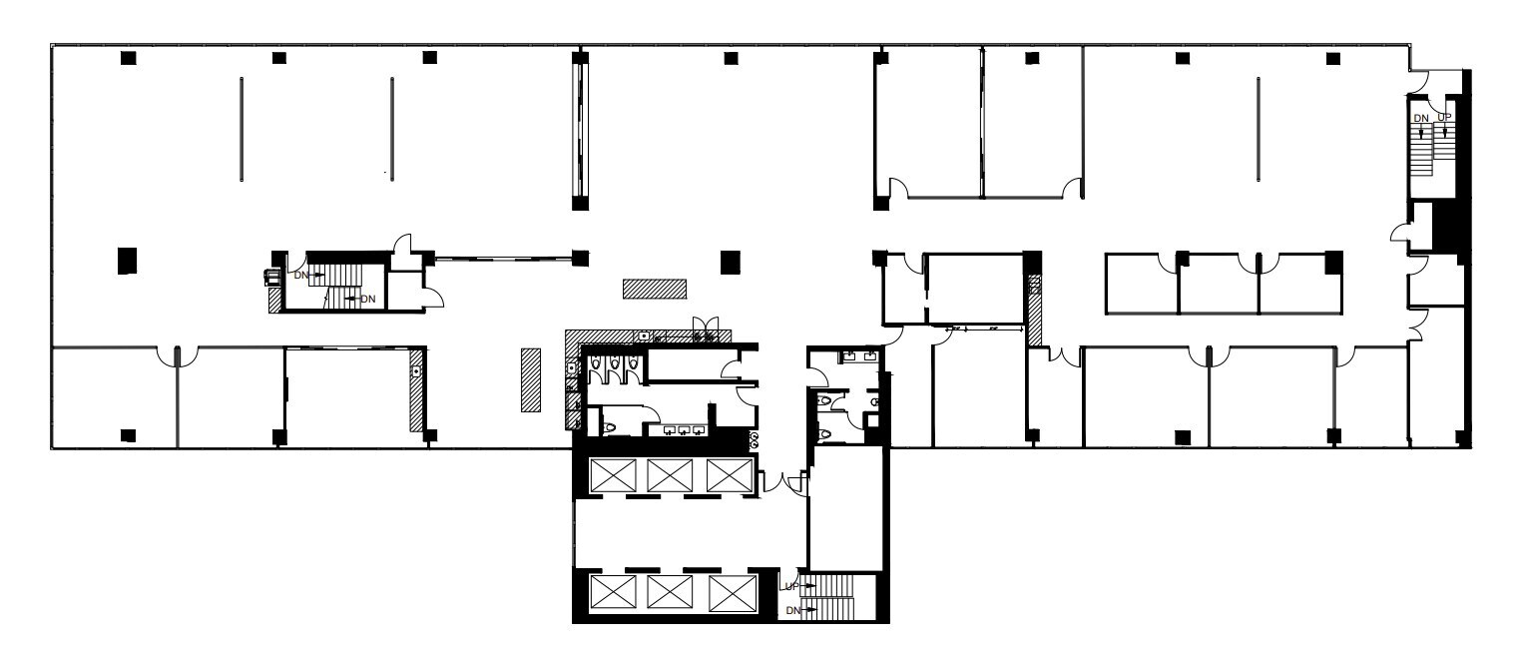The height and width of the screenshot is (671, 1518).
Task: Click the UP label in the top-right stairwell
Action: coord(1443,118)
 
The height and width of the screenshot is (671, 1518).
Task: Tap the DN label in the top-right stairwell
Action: coord(1421,118)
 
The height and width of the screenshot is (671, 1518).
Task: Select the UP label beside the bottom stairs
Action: coord(791,586)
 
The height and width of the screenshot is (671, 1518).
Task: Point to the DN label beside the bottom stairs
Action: coord(793,610)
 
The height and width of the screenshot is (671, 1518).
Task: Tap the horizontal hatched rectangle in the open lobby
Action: coord(655,289)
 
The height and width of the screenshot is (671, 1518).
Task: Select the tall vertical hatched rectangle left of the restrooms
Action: coord(531,380)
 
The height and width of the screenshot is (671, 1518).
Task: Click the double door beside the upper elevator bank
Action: coord(784,482)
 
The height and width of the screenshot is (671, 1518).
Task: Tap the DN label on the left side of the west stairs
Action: coord(300,275)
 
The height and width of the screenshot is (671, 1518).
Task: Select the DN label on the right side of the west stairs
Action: coord(367,299)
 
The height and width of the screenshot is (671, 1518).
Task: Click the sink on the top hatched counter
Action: coord(645,336)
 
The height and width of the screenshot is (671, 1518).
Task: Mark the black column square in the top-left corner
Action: coord(128,58)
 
